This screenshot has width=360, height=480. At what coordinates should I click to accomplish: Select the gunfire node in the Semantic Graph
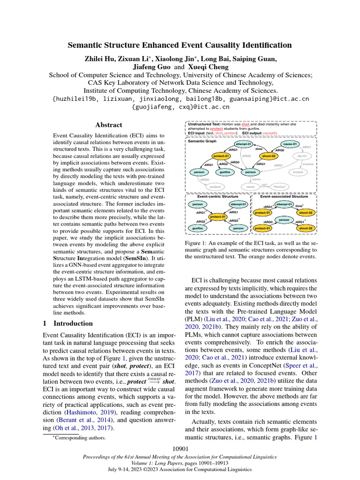pyautogui.click(x=226, y=172)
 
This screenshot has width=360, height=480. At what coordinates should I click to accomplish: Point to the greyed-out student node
pyautogui.click(x=215, y=187)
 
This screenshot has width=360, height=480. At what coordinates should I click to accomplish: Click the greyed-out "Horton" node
pyautogui.click(x=278, y=187)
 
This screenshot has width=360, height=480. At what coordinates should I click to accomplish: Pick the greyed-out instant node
pyautogui.click(x=298, y=172)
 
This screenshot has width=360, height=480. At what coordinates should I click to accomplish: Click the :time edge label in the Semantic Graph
pyautogui.click(x=258, y=149)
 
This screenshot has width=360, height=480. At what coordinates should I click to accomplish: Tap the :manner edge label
pyautogui.click(x=308, y=164)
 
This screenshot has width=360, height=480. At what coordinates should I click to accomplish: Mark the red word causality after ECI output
pyautogui.click(x=270, y=133)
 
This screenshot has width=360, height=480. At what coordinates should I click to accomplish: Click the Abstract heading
pyautogui.click(x=109, y=125)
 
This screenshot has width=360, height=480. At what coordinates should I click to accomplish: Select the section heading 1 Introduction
pyautogui.click(x=68, y=323)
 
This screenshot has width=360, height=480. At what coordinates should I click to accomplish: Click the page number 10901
pyautogui.click(x=180, y=449)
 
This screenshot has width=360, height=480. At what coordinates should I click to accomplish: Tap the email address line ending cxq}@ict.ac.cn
pyautogui.click(x=180, y=107)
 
